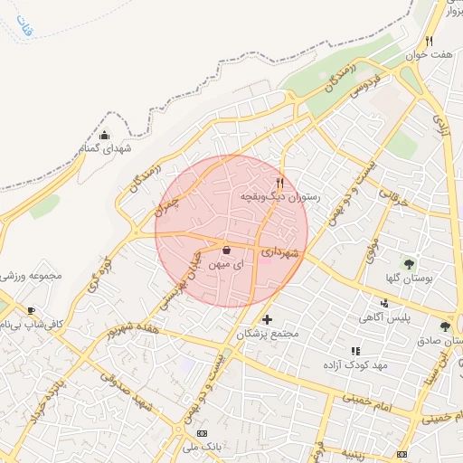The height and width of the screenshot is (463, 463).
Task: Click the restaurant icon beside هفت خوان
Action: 429,41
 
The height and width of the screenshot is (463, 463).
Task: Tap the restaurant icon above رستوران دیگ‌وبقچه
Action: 280,182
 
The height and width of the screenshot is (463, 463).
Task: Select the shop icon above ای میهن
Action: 225,250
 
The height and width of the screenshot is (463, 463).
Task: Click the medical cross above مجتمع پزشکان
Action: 267,319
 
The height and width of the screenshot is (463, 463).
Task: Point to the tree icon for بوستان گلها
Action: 410,264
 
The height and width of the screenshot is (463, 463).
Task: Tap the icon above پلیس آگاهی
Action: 385,304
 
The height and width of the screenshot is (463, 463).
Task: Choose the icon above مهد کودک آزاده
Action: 355,351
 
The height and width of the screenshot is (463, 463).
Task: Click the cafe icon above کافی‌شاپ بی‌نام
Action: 32,310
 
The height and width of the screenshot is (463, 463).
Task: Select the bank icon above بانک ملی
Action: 202,433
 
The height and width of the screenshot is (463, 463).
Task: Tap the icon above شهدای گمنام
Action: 104,136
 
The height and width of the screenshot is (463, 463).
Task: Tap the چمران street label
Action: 168,206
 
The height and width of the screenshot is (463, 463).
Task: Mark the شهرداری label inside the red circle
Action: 279,256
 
